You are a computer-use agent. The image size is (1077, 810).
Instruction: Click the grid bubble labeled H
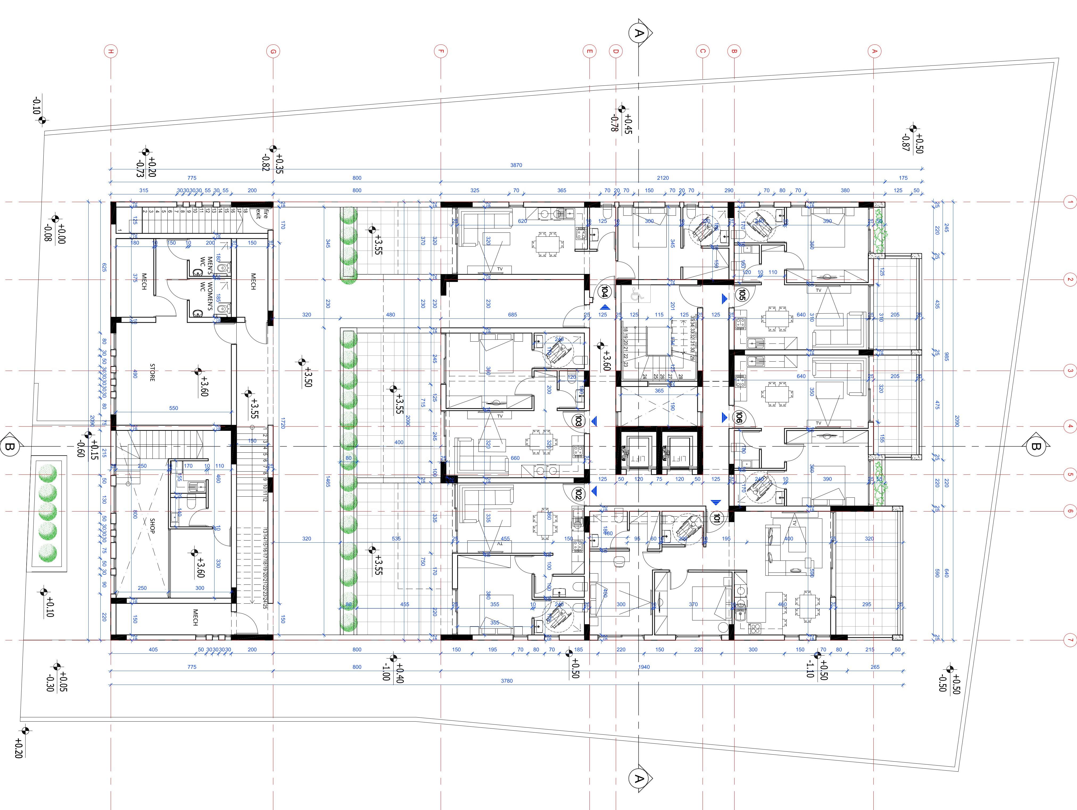coord(111,51)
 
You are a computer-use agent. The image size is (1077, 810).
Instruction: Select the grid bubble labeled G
coord(273,51)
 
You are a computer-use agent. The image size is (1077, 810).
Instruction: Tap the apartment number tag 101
coord(716,518)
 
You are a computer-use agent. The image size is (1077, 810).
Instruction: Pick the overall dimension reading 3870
coord(516,165)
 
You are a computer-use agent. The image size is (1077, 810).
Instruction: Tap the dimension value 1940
coord(644,667)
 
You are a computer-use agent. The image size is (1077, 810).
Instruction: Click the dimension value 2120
coord(663,178)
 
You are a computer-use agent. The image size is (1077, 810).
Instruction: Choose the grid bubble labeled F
coord(441,51)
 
